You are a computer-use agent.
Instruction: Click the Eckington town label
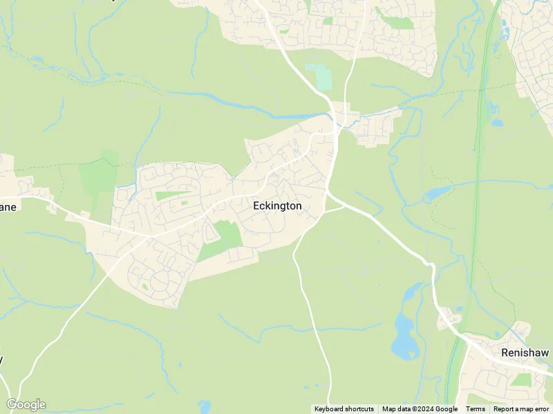click(277, 206)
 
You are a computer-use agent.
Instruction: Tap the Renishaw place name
click(525, 353)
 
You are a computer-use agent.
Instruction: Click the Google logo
click(26, 404)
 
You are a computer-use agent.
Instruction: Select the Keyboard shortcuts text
click(344, 409)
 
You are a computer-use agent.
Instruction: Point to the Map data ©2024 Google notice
click(420, 409)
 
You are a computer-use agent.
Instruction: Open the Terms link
click(475, 409)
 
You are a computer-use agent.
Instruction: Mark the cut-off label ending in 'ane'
click(8, 206)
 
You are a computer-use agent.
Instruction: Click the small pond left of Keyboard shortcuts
click(204, 406)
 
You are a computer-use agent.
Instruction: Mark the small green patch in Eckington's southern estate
click(144, 286)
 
